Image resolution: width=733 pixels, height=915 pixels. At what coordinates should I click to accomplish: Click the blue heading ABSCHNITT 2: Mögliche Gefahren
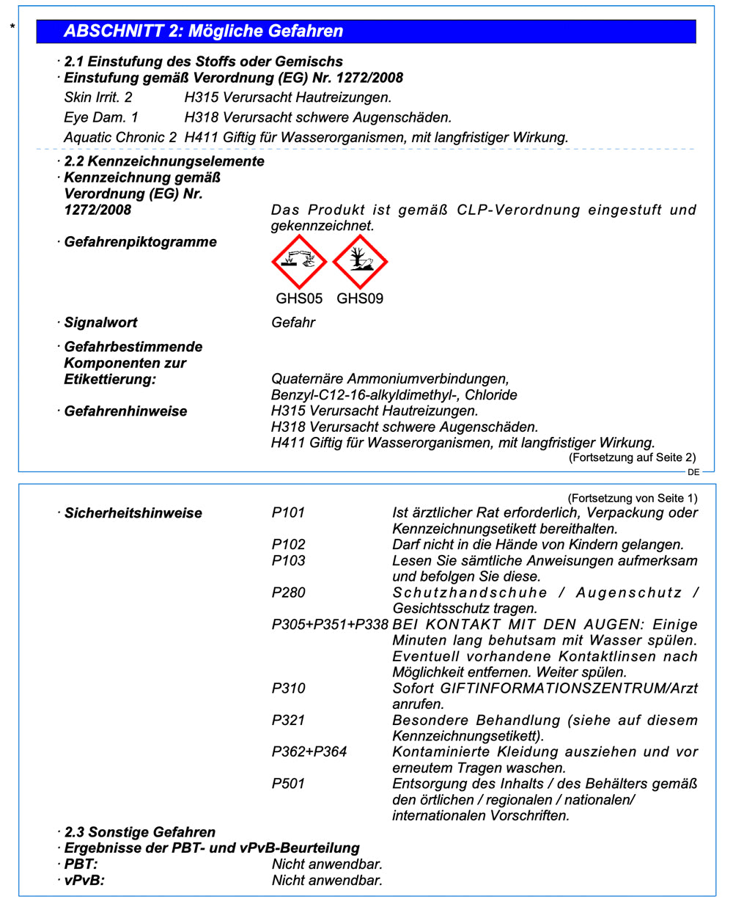pos(204,31)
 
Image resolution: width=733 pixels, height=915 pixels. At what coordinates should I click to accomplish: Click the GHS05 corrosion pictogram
pos(299,262)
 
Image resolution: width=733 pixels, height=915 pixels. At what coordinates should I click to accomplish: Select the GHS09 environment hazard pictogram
pos(360,262)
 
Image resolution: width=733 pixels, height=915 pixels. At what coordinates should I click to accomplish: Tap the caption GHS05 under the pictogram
pos(299,298)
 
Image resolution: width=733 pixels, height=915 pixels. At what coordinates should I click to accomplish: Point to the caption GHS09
pos(360,298)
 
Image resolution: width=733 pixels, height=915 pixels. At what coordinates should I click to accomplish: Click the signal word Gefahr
pos(293,323)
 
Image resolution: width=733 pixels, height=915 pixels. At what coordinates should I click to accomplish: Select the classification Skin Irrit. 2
pos(98,98)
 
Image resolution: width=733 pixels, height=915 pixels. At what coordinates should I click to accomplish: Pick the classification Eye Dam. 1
pos(101,117)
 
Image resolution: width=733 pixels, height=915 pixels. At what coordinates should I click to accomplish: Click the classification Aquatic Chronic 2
pos(120,137)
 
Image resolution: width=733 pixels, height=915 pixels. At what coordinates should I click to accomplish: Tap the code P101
pos(288,512)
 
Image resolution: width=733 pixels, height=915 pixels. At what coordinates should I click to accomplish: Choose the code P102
pos(288,544)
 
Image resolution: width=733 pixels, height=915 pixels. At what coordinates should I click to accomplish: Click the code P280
pos(288,592)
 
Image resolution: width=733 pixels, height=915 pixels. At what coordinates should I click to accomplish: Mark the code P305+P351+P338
pos(330,625)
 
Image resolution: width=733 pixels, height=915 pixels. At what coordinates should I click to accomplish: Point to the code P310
pos(288,688)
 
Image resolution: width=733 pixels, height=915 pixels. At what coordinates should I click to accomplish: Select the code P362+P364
pos(309,752)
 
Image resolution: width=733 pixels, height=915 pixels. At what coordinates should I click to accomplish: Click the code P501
pos(288,784)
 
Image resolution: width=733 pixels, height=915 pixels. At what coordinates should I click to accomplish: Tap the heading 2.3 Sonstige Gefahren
pos(140,832)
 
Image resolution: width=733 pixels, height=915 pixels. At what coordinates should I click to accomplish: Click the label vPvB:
pos(84,880)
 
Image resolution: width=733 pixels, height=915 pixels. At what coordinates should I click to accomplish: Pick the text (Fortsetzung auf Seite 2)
pos(633,457)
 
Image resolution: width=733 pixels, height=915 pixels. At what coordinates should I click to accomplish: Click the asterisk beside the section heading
pos(12,28)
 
